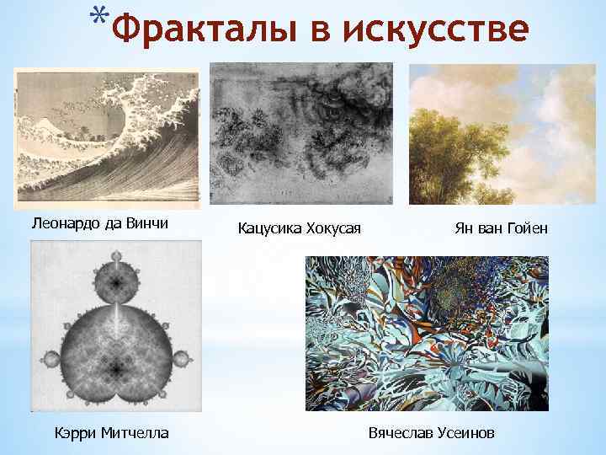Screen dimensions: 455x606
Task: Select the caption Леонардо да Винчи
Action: click(x=99, y=223)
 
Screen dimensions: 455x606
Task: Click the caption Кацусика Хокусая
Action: click(x=300, y=227)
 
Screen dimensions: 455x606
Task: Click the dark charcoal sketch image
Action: click(x=301, y=133)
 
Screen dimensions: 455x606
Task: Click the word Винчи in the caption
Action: click(x=147, y=223)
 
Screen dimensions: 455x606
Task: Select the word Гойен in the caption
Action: click(x=527, y=227)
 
